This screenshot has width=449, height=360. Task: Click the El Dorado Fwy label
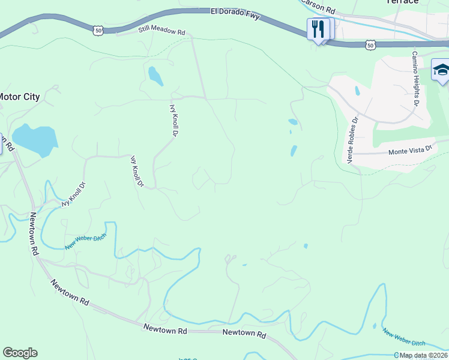[x=235, y=13]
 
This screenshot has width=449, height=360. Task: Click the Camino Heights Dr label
[x=414, y=77]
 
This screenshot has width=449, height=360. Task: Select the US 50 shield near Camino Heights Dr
[x=371, y=44]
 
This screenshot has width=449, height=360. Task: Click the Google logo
[x=20, y=353]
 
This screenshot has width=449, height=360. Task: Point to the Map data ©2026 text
[x=424, y=355]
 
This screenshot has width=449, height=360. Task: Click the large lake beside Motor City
[x=35, y=139]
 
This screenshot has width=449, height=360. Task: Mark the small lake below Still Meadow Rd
[x=155, y=76]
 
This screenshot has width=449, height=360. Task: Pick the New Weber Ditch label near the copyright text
[x=403, y=339]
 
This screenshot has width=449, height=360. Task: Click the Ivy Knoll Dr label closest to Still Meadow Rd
[x=175, y=119]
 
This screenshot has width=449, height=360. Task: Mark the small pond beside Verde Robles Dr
[x=358, y=91]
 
